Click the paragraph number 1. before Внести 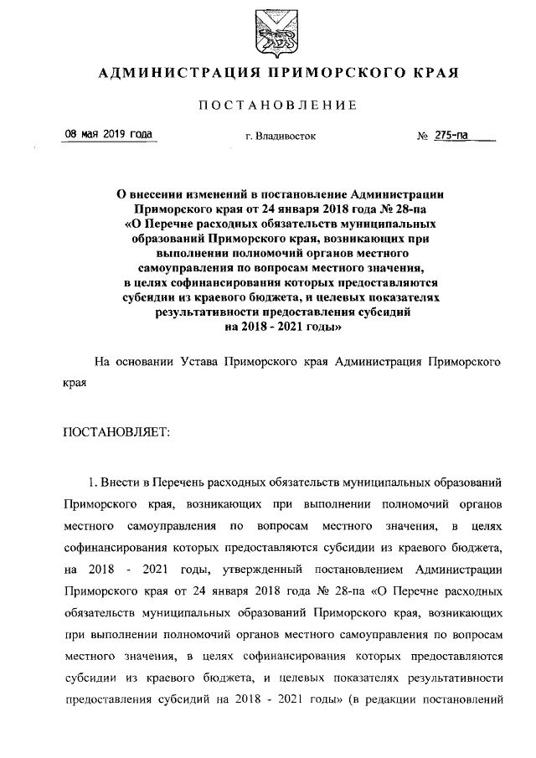point(93,482)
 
